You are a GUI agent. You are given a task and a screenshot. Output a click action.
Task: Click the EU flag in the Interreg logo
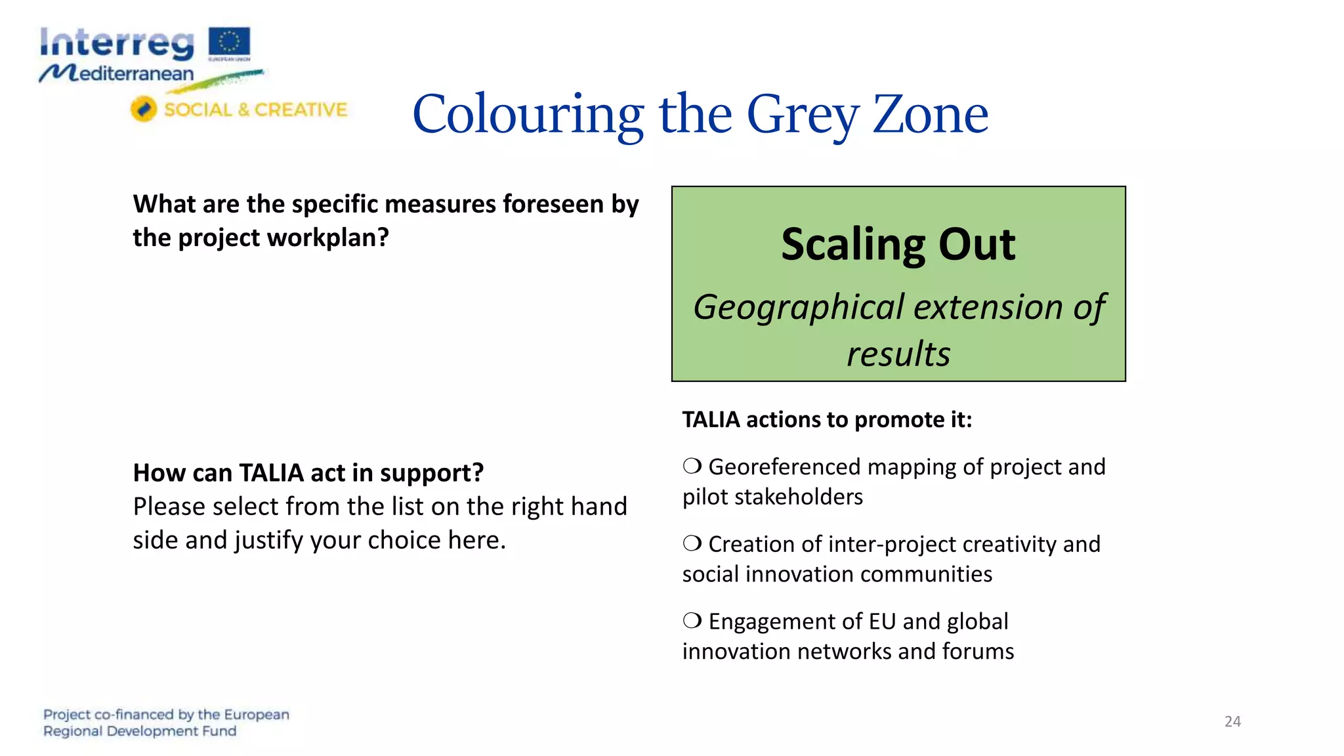coord(229,43)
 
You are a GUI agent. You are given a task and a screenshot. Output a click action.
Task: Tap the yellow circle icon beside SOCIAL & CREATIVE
coord(143,109)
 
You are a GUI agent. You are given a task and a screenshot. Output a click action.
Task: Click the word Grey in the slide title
coord(802,114)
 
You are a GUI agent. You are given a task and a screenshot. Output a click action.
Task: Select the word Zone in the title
coord(930,114)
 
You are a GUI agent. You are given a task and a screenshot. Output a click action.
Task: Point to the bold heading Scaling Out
coord(898,244)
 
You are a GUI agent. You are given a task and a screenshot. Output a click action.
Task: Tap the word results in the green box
coord(898,354)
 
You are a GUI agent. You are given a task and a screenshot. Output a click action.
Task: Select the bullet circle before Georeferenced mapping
coord(692,466)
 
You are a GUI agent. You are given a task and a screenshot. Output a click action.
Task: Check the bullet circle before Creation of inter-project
coord(692,543)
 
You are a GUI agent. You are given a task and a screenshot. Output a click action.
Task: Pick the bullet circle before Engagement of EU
coord(692,620)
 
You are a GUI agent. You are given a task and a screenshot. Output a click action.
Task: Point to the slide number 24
coord(1232,721)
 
